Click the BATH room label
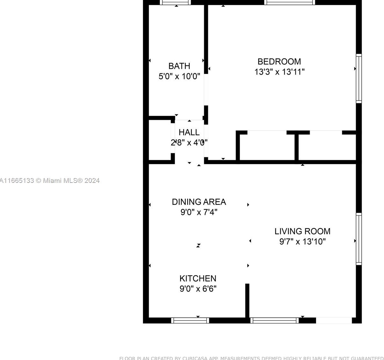(179, 66)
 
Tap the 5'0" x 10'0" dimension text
(179, 76)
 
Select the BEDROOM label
(279, 61)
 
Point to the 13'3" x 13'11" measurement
(279, 72)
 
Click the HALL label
(189, 132)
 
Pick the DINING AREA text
(199, 202)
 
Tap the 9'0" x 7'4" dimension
(199, 212)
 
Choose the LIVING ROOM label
(302, 231)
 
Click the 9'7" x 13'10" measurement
(302, 241)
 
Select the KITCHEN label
(198, 278)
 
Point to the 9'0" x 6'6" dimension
(198, 289)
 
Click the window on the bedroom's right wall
(359, 78)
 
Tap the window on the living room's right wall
(359, 239)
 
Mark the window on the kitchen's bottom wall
(190, 320)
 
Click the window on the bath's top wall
(175, 2)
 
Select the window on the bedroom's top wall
(289, 2)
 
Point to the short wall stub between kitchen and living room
(247, 300)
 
